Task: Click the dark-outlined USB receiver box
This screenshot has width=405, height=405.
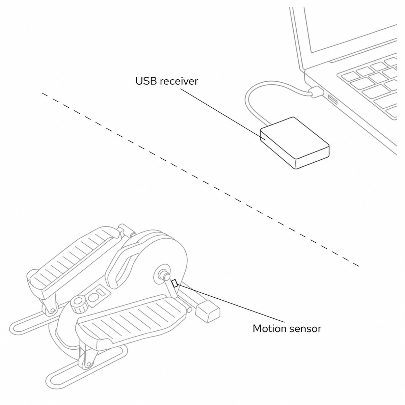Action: (x=295, y=143)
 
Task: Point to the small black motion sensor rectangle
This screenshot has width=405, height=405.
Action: (x=175, y=283)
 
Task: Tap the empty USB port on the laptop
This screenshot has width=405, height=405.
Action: (x=333, y=99)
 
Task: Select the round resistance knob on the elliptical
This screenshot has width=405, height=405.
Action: (x=79, y=305)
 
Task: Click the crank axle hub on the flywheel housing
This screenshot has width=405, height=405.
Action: (x=163, y=274)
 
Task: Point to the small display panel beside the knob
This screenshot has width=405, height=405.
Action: (x=98, y=294)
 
